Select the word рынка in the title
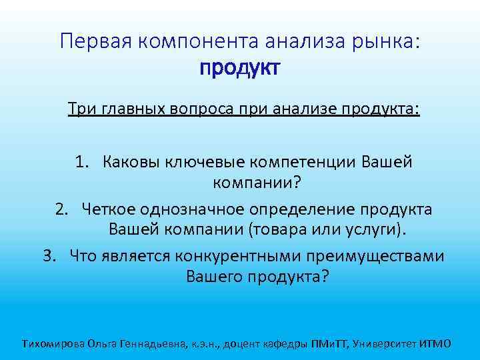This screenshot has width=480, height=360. (386, 41)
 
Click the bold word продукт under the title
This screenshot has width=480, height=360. (239, 69)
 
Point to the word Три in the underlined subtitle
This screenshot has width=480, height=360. (78, 108)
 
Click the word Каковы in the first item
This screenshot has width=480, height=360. (131, 162)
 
